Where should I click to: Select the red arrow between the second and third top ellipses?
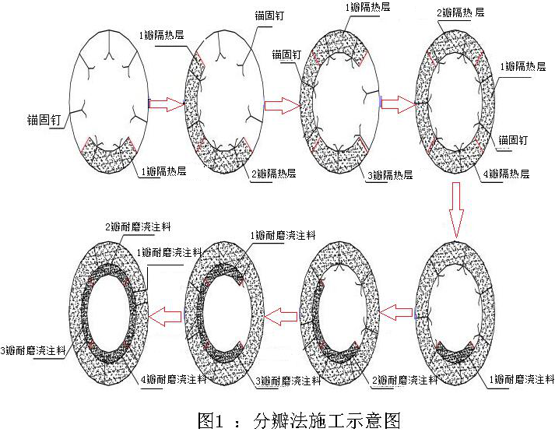tap(281, 104)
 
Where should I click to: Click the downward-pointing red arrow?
tap(457, 209)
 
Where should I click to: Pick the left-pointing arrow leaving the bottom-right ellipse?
tap(400, 311)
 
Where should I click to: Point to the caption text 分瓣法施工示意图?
tap(327, 421)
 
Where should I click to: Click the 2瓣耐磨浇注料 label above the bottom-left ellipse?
tap(137, 227)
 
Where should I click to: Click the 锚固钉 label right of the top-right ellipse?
tap(514, 140)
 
